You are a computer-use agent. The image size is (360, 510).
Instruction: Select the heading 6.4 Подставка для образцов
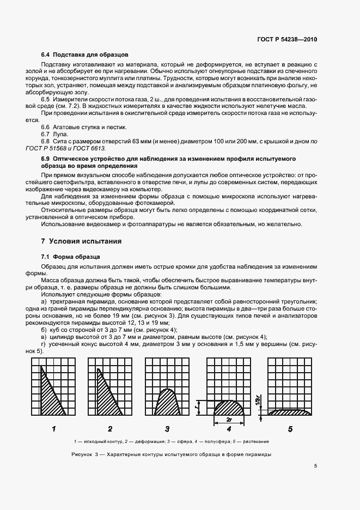coord(84,55)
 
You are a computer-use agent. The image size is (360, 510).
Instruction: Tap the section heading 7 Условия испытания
coord(81,241)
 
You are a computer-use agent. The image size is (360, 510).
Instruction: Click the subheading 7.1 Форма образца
coord(71,257)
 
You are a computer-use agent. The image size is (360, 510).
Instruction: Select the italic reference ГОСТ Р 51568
coord(57,148)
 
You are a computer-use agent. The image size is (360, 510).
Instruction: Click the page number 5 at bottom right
coord(315,466)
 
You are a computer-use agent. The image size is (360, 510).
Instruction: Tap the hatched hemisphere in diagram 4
coord(230,408)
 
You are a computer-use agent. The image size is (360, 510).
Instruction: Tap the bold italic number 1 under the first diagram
coord(54,429)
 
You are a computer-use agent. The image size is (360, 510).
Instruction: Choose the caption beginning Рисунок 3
coord(170,454)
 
